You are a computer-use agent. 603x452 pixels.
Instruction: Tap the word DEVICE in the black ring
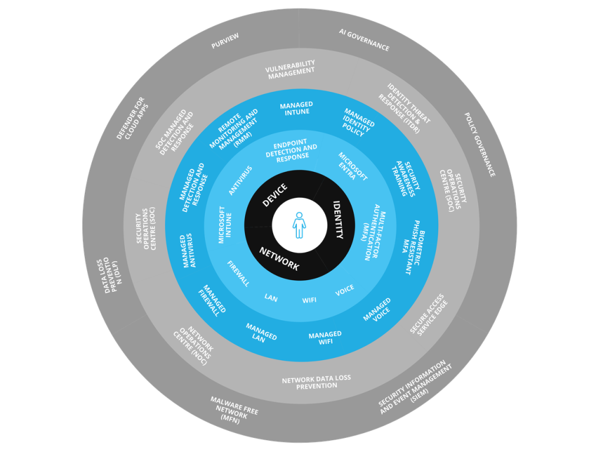(274, 195)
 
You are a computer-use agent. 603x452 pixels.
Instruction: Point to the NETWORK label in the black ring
(279, 258)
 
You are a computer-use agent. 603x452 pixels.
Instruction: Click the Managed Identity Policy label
(359, 122)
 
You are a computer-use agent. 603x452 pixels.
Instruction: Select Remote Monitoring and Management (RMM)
(234, 129)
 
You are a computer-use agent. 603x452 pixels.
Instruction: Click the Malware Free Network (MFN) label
(234, 408)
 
